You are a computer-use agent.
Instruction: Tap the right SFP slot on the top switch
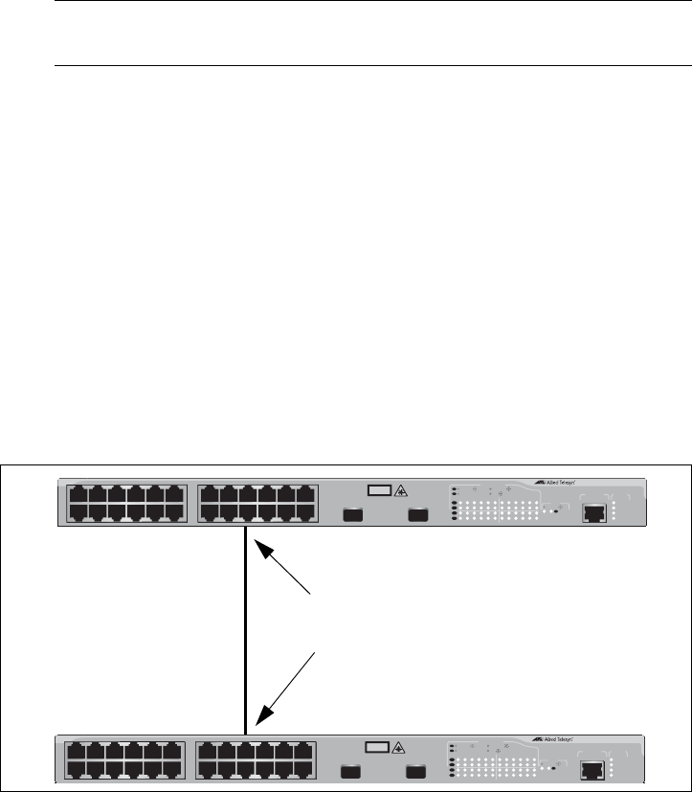tap(416, 515)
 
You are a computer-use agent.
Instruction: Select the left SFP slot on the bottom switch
tap(349, 772)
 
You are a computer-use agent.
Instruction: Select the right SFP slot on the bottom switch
tap(414, 772)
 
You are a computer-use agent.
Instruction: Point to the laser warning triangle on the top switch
tap(400, 491)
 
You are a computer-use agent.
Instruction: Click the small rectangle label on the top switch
tap(378, 491)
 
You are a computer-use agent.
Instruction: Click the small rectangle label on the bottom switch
tap(376, 748)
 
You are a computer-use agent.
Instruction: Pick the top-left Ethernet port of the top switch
tap(79, 496)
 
